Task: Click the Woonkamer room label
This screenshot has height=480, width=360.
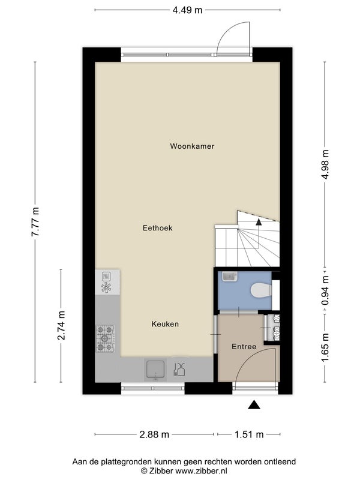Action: coord(192,146)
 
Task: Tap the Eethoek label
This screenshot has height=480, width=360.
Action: coord(157,228)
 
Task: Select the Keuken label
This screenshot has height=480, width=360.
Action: coord(165,324)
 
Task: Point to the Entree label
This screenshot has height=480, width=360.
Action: coord(244,347)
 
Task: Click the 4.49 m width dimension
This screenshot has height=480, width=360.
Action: coord(187,10)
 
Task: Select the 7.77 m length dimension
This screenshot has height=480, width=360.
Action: coord(35,221)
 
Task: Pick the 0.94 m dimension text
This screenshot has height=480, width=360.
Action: coord(325,290)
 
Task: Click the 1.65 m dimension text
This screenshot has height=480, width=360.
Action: coord(325,347)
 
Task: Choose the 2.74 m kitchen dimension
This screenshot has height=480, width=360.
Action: coord(61,325)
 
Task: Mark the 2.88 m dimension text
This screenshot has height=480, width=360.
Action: coord(154,434)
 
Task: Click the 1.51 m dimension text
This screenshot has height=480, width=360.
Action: coord(249,434)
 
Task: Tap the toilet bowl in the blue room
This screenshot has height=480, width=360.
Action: coord(261,290)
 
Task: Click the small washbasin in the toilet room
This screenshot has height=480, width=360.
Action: coord(229,277)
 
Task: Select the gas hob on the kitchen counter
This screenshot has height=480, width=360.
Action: coord(106,338)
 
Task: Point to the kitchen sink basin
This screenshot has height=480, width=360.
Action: coord(155,370)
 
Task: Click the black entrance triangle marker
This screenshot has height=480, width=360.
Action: coord(254,404)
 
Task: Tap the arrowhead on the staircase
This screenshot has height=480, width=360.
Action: coord(259,221)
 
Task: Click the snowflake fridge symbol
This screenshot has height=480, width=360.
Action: coord(106,287)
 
